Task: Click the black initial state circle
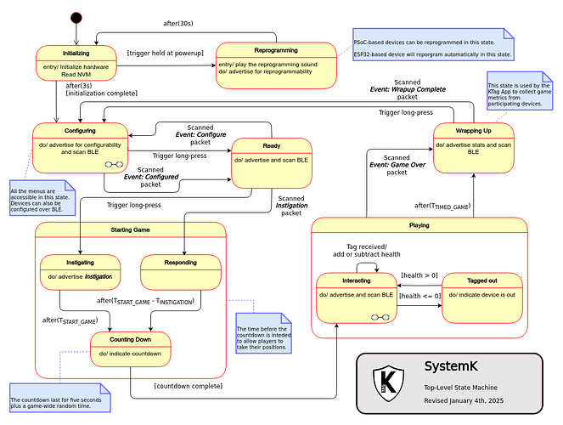(76, 17)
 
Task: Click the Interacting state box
(356, 298)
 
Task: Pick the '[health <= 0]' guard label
(419, 296)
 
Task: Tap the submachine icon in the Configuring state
(113, 164)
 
